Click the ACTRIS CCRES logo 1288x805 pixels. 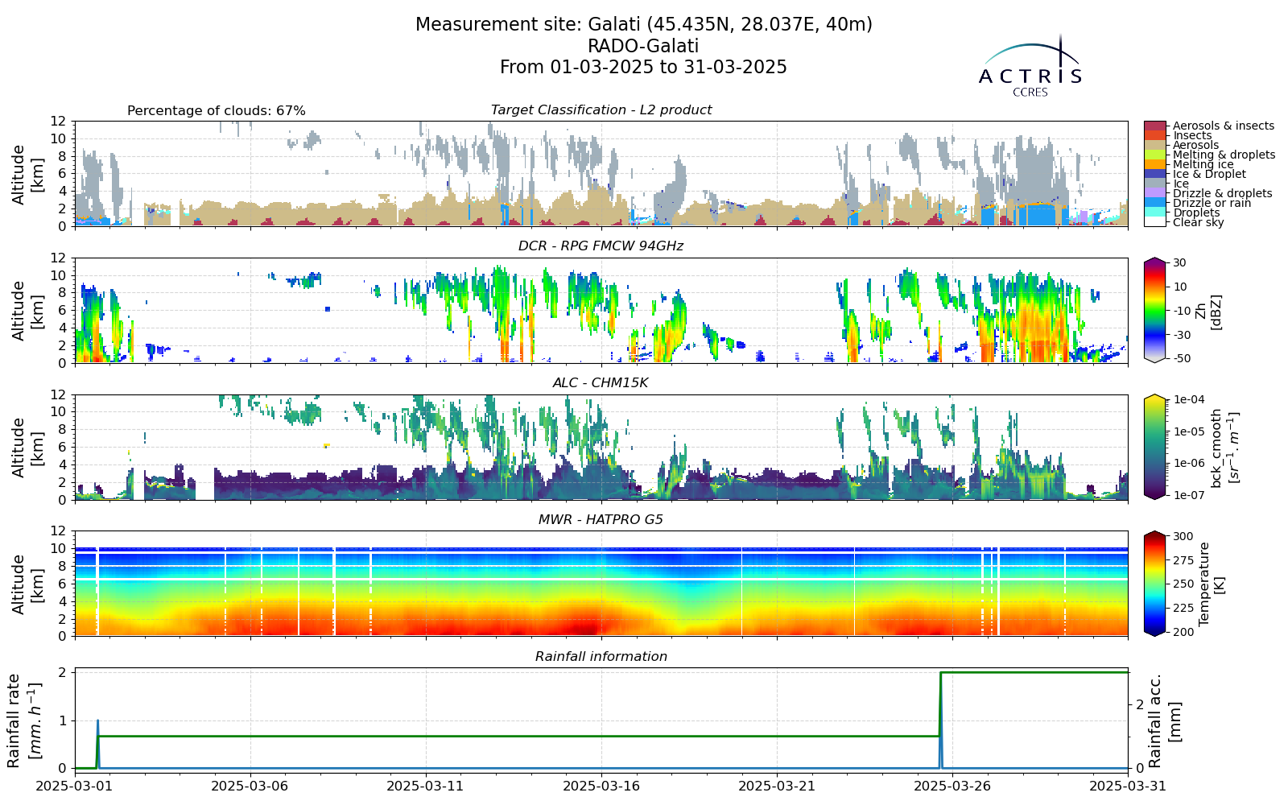(1030, 66)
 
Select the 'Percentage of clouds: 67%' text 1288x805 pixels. (217, 111)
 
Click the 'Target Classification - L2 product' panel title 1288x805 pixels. (601, 109)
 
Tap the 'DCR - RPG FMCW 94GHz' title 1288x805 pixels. (601, 246)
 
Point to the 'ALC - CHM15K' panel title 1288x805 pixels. (601, 383)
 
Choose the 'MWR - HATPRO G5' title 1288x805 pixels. (601, 520)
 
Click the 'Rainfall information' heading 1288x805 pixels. (601, 657)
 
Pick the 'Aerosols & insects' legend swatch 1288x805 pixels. (1154, 126)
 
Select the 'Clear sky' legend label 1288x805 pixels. (1199, 222)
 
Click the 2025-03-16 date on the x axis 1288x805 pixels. (601, 786)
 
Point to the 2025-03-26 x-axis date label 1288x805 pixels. (953, 786)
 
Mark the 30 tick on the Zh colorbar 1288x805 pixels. (1179, 262)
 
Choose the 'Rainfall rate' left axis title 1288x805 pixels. (21, 721)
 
